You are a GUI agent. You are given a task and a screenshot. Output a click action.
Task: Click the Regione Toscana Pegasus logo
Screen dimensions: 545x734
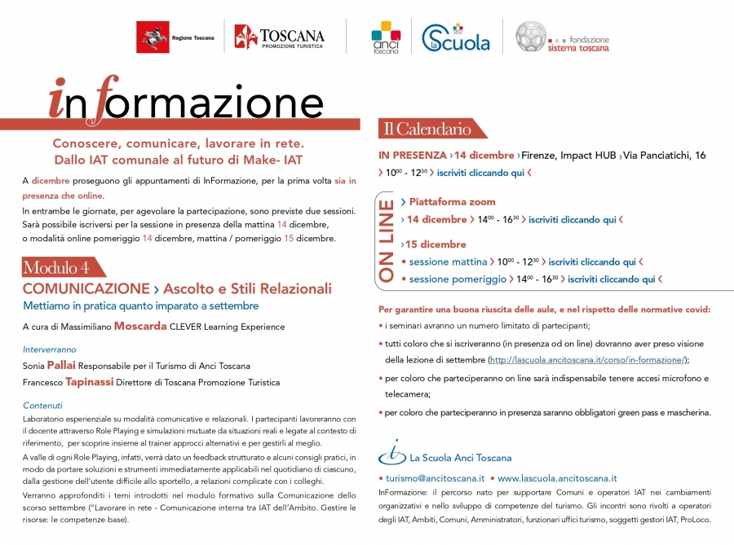(153, 37)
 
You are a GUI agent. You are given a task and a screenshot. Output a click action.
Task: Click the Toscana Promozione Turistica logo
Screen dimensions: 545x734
(279, 37)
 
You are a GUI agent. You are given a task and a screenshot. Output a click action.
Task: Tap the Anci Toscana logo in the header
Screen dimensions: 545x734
(386, 37)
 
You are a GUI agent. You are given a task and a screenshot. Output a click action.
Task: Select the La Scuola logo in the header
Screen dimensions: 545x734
(456, 37)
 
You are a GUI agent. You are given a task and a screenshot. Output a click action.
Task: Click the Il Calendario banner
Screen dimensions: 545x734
(429, 129)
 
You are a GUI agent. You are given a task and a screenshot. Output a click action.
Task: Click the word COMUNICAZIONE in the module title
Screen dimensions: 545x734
(84, 288)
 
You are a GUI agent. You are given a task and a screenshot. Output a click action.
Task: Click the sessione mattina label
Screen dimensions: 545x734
(448, 262)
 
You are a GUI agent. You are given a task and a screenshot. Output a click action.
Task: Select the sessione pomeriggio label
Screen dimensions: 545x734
(457, 279)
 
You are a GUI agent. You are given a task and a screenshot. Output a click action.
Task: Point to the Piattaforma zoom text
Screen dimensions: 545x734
(452, 201)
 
